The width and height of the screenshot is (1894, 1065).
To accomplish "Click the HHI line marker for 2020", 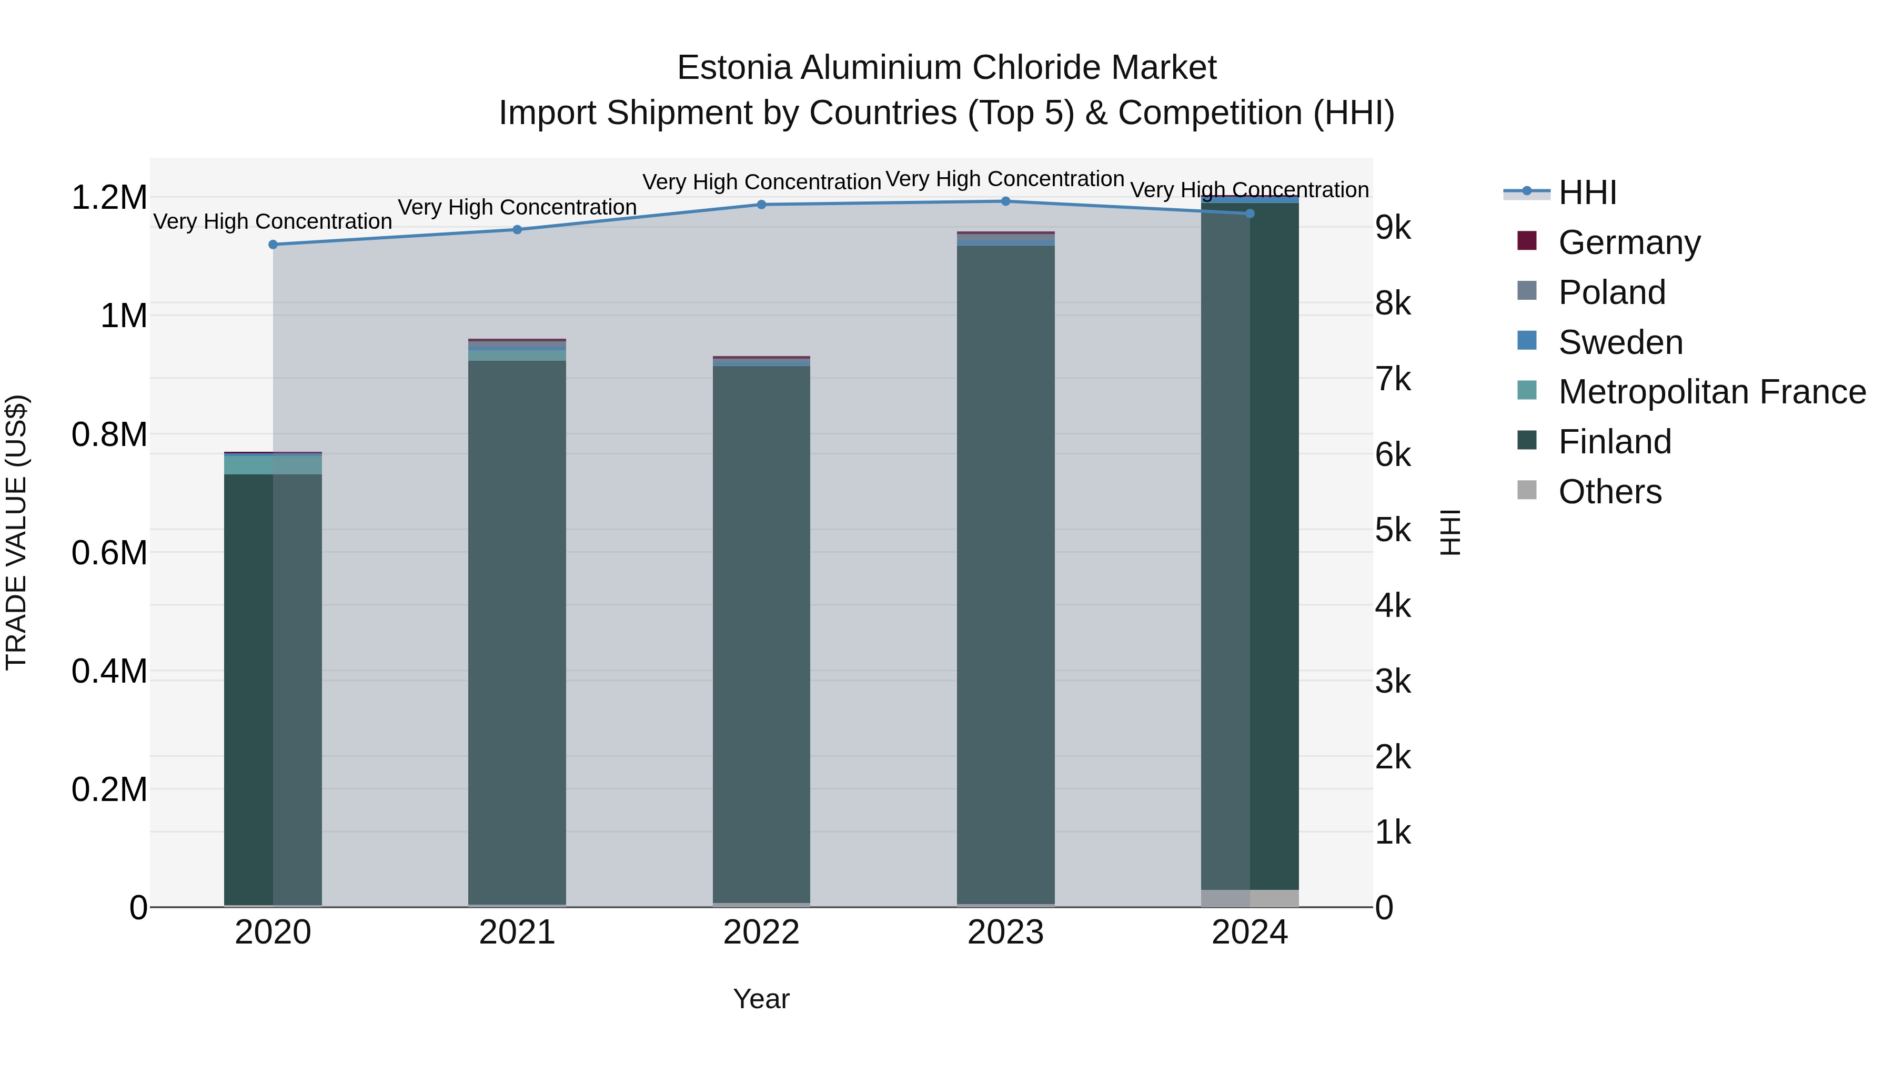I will tap(273, 245).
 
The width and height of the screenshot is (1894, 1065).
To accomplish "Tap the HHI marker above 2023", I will tap(1005, 201).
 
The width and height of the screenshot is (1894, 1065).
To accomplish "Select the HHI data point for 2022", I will tap(761, 205).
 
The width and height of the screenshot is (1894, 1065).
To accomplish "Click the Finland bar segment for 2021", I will tap(517, 632).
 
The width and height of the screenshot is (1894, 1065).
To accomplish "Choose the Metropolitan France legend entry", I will tap(1711, 392).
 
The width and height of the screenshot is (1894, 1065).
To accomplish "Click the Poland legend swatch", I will tap(1526, 291).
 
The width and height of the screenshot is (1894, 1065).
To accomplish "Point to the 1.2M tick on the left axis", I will tap(109, 198).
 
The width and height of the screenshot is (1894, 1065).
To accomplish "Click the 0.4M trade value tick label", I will tap(109, 671).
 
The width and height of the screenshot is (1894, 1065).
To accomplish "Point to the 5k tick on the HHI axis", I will tap(1393, 530).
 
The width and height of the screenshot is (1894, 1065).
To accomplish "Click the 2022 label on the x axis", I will tap(761, 932).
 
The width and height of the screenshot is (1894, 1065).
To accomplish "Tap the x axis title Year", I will tap(761, 999).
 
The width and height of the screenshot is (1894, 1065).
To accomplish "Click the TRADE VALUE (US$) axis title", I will tap(16, 532).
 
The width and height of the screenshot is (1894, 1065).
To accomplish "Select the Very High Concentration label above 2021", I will tap(517, 207).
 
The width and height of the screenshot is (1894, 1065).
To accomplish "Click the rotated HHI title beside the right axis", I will tap(1450, 532).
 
